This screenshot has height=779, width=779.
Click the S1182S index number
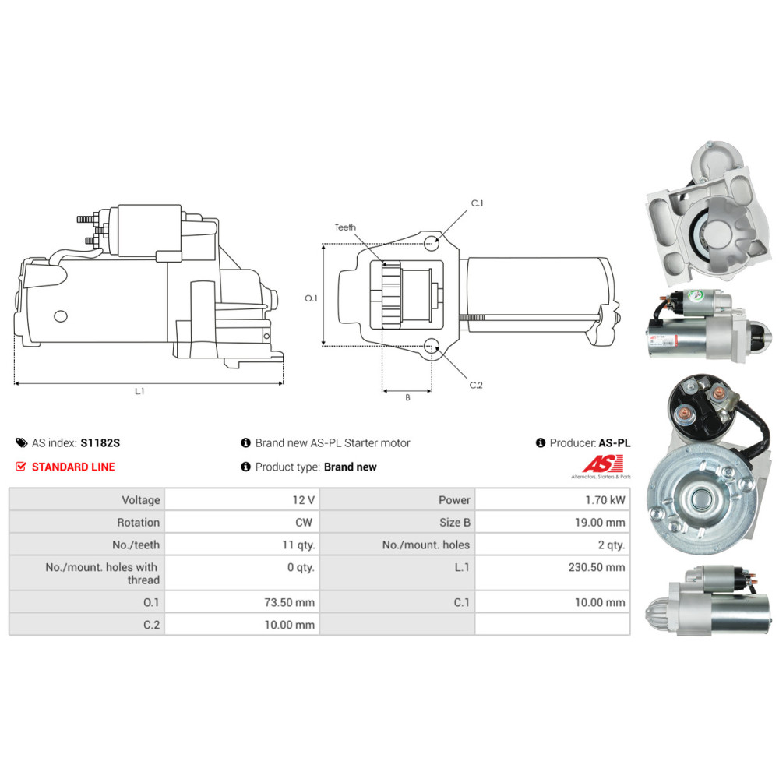tap(100, 443)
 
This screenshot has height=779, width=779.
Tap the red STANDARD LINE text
tap(73, 467)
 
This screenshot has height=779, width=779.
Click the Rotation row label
tap(138, 523)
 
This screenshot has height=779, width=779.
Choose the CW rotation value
tap(304, 523)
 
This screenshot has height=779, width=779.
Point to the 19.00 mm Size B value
tap(599, 523)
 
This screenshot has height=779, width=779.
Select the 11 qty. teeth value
tap(298, 545)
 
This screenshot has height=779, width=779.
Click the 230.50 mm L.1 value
tap(597, 567)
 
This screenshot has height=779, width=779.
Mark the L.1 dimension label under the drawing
tap(139, 391)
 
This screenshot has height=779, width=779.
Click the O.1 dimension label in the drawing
tap(311, 298)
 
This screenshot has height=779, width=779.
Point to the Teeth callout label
tap(345, 227)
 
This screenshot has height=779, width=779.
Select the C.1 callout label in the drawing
tap(477, 203)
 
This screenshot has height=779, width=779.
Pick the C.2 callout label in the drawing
tap(477, 385)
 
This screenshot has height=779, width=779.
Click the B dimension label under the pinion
tap(407, 397)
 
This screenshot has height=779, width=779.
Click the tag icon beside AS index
tap(21, 443)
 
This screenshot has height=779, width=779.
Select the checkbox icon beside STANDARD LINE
tap(21, 467)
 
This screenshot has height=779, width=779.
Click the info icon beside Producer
tap(541, 443)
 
